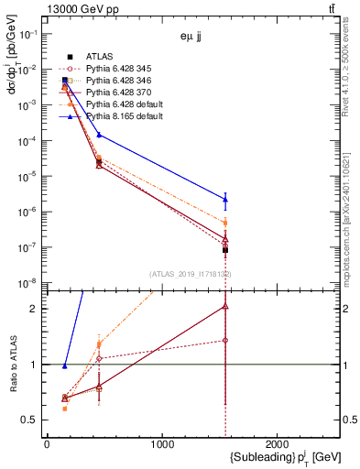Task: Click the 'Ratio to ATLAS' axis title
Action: pos(12,364)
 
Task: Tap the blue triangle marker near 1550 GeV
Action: pos(225,199)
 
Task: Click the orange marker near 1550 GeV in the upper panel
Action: pos(225,223)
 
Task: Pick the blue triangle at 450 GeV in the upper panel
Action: pos(99,135)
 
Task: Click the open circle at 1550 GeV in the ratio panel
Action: pos(225,341)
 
